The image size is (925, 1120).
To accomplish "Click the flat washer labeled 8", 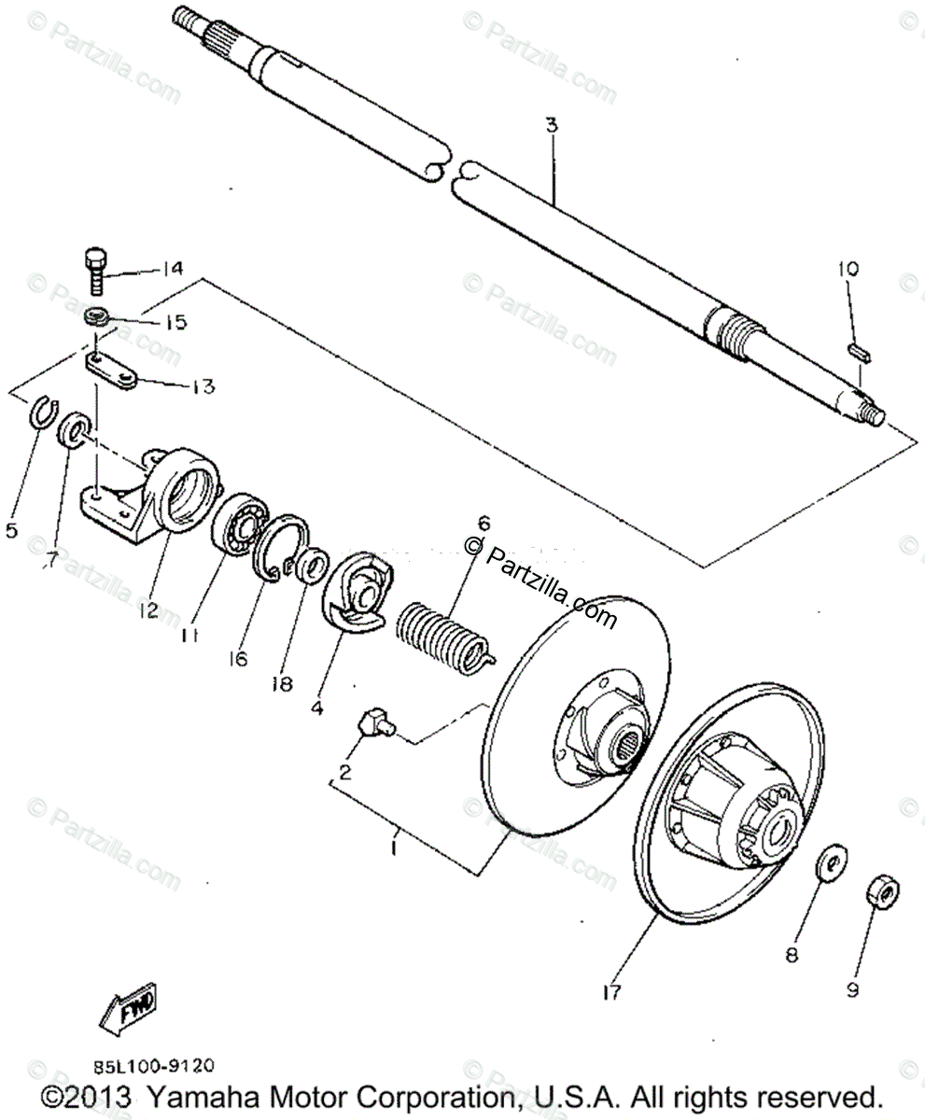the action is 831,863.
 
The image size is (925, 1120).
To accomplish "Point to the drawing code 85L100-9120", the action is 153,1062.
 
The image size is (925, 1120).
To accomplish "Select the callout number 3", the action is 552,124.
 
